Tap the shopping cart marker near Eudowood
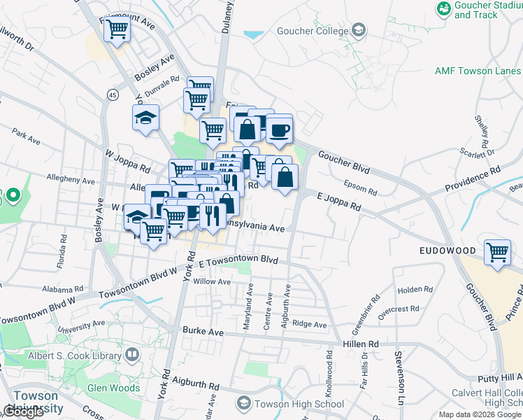click(x=497, y=251)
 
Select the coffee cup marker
click(x=279, y=129)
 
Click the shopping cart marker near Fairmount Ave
click(x=117, y=29)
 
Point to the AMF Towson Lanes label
click(x=478, y=71)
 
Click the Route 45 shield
click(x=112, y=94)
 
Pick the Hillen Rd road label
click(x=360, y=344)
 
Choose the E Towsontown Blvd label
click(x=238, y=262)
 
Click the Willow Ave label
click(x=211, y=281)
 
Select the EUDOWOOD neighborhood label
click(x=447, y=250)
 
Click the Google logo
click(x=24, y=412)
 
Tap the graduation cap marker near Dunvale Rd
click(x=146, y=118)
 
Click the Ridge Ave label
click(x=310, y=324)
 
